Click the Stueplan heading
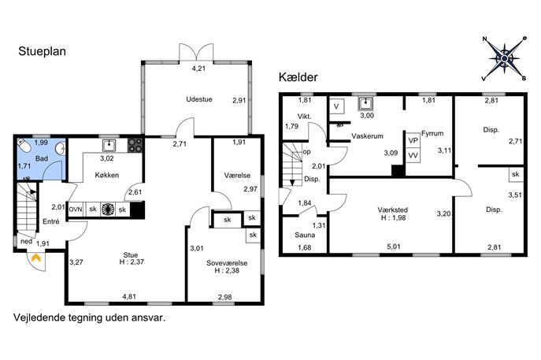point(42,51)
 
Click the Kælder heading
point(298,77)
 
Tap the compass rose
point(504,58)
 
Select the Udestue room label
point(199,99)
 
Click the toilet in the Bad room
point(25,145)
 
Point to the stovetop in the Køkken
point(135,145)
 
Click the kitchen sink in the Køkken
point(109,145)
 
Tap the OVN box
point(76,210)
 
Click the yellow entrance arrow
point(36,258)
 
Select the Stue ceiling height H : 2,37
point(132,262)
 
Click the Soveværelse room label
point(227,263)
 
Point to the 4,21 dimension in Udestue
point(198,69)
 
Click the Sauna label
point(305,235)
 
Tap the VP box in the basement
point(413,140)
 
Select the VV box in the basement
point(413,156)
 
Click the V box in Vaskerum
point(337,106)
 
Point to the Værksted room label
point(393,210)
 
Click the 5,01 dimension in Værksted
point(394,247)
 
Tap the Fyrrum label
point(432,134)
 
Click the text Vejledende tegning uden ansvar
point(89,318)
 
